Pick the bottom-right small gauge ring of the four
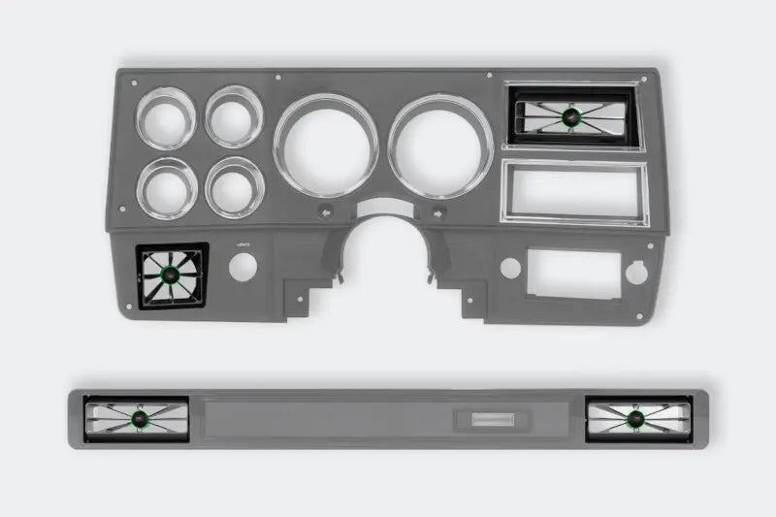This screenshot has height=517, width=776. coord(236,186)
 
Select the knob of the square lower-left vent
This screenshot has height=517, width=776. coord(171,277)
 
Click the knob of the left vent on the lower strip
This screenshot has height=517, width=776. coord(138,419)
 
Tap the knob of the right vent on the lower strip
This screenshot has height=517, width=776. coord(634,419)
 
